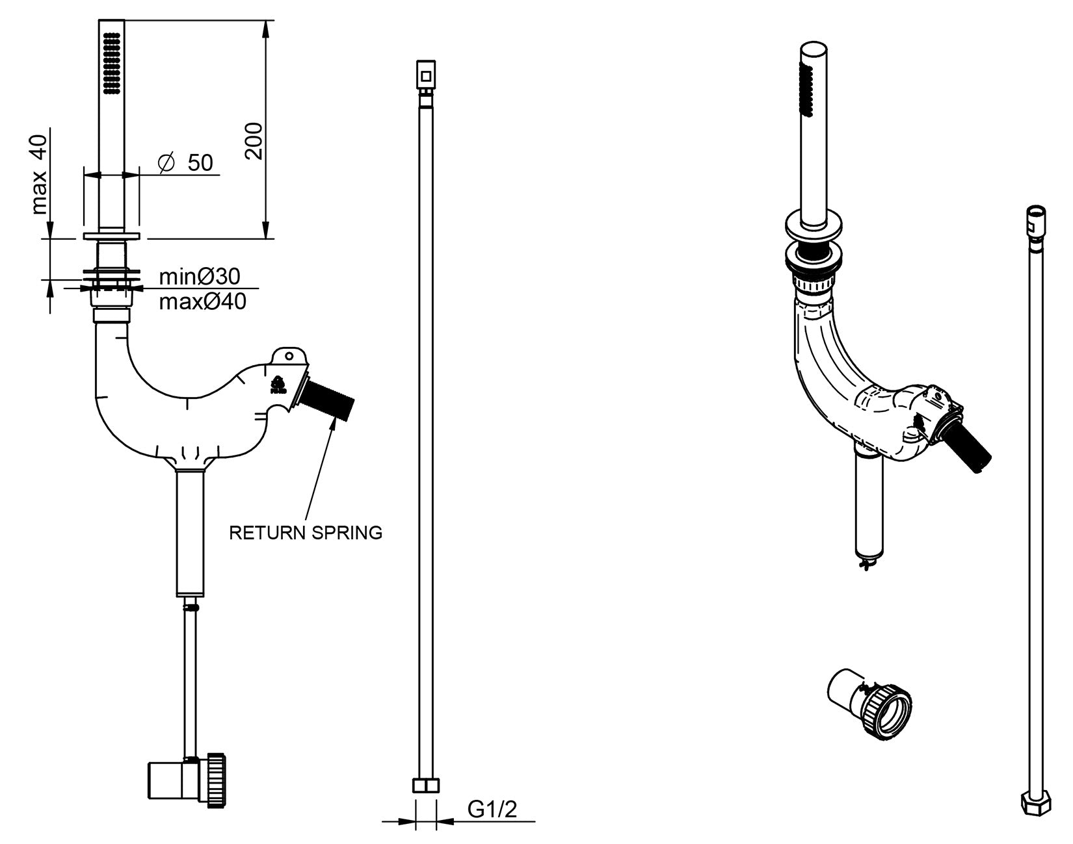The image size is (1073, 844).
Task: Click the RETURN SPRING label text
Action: tap(306, 533)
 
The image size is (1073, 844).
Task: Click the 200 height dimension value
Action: tap(254, 140)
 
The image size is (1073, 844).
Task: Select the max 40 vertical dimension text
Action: tap(40, 174)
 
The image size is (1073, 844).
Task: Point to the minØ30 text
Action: tap(200, 277)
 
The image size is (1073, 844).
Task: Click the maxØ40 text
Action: tap(203, 301)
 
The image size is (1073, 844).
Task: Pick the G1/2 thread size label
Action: tap(492, 809)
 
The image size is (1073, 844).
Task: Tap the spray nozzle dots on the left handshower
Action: tap(111, 64)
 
